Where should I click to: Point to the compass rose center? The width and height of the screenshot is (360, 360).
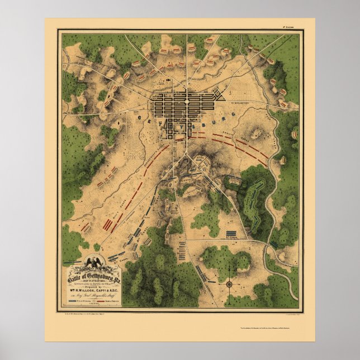pyautogui.click(x=229, y=285)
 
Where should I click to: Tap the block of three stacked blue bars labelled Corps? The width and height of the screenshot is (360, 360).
pyautogui.click(x=230, y=234)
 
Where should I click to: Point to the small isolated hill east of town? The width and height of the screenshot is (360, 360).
pyautogui.click(x=258, y=134)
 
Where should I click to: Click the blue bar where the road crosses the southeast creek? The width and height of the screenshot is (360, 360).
pyautogui.click(x=274, y=244)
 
